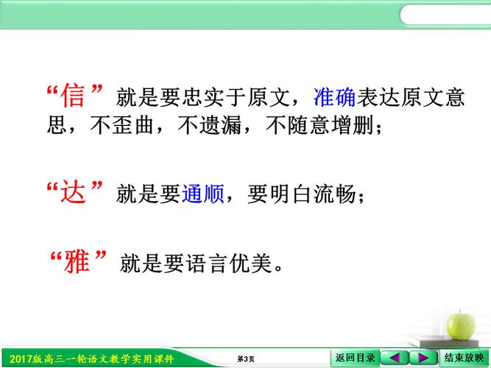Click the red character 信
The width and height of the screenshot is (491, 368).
[x=73, y=95]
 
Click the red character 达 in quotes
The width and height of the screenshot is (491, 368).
[x=74, y=191]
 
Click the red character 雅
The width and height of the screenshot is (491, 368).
[x=77, y=261]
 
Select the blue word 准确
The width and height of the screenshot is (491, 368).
[x=334, y=97]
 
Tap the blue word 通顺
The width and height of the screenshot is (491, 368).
[x=203, y=194]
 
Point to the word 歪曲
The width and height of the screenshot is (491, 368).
[x=133, y=125]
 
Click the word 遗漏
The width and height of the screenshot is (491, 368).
[x=220, y=125]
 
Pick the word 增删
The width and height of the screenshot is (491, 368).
[x=352, y=125]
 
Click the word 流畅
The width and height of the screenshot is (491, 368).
[x=335, y=194]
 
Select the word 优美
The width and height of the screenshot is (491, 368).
[x=250, y=263]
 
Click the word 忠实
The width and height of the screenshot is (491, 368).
[x=203, y=97]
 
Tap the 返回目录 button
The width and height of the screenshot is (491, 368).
[x=355, y=358]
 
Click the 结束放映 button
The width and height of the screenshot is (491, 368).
[x=464, y=358]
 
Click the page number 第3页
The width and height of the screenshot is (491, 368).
[x=246, y=359]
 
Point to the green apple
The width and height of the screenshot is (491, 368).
[x=461, y=326]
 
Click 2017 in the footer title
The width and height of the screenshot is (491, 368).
[x=21, y=359]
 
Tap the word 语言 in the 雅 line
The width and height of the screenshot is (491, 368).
[x=207, y=263]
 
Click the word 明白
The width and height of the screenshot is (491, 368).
[x=291, y=194]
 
